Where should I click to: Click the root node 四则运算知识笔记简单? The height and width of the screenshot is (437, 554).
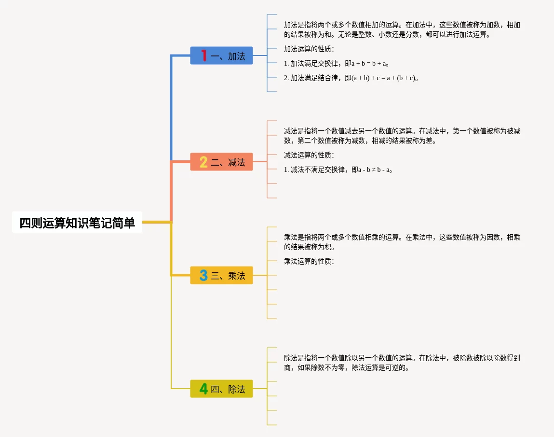coord(77,223)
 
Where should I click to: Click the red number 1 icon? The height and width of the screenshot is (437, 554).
coord(204,56)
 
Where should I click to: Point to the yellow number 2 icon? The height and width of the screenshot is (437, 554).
coord(203,162)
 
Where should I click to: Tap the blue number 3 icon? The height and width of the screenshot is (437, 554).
coord(203,276)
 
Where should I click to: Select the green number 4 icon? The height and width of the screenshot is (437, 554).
coord(203,389)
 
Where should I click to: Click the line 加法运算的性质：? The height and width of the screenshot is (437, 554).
coord(309,49)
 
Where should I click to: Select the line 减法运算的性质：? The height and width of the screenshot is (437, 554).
coord(309,155)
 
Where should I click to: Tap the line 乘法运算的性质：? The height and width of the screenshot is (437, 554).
coord(309,261)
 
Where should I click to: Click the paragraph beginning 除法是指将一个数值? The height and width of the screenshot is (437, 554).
coord(402,363)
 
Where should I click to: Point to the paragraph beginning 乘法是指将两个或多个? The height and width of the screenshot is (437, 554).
coord(402,242)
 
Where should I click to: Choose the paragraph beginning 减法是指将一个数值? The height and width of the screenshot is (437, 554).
coord(402,136)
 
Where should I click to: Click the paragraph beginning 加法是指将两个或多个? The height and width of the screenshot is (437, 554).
coord(402,29)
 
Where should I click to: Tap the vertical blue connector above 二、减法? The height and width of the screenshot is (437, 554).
coord(172,109)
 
